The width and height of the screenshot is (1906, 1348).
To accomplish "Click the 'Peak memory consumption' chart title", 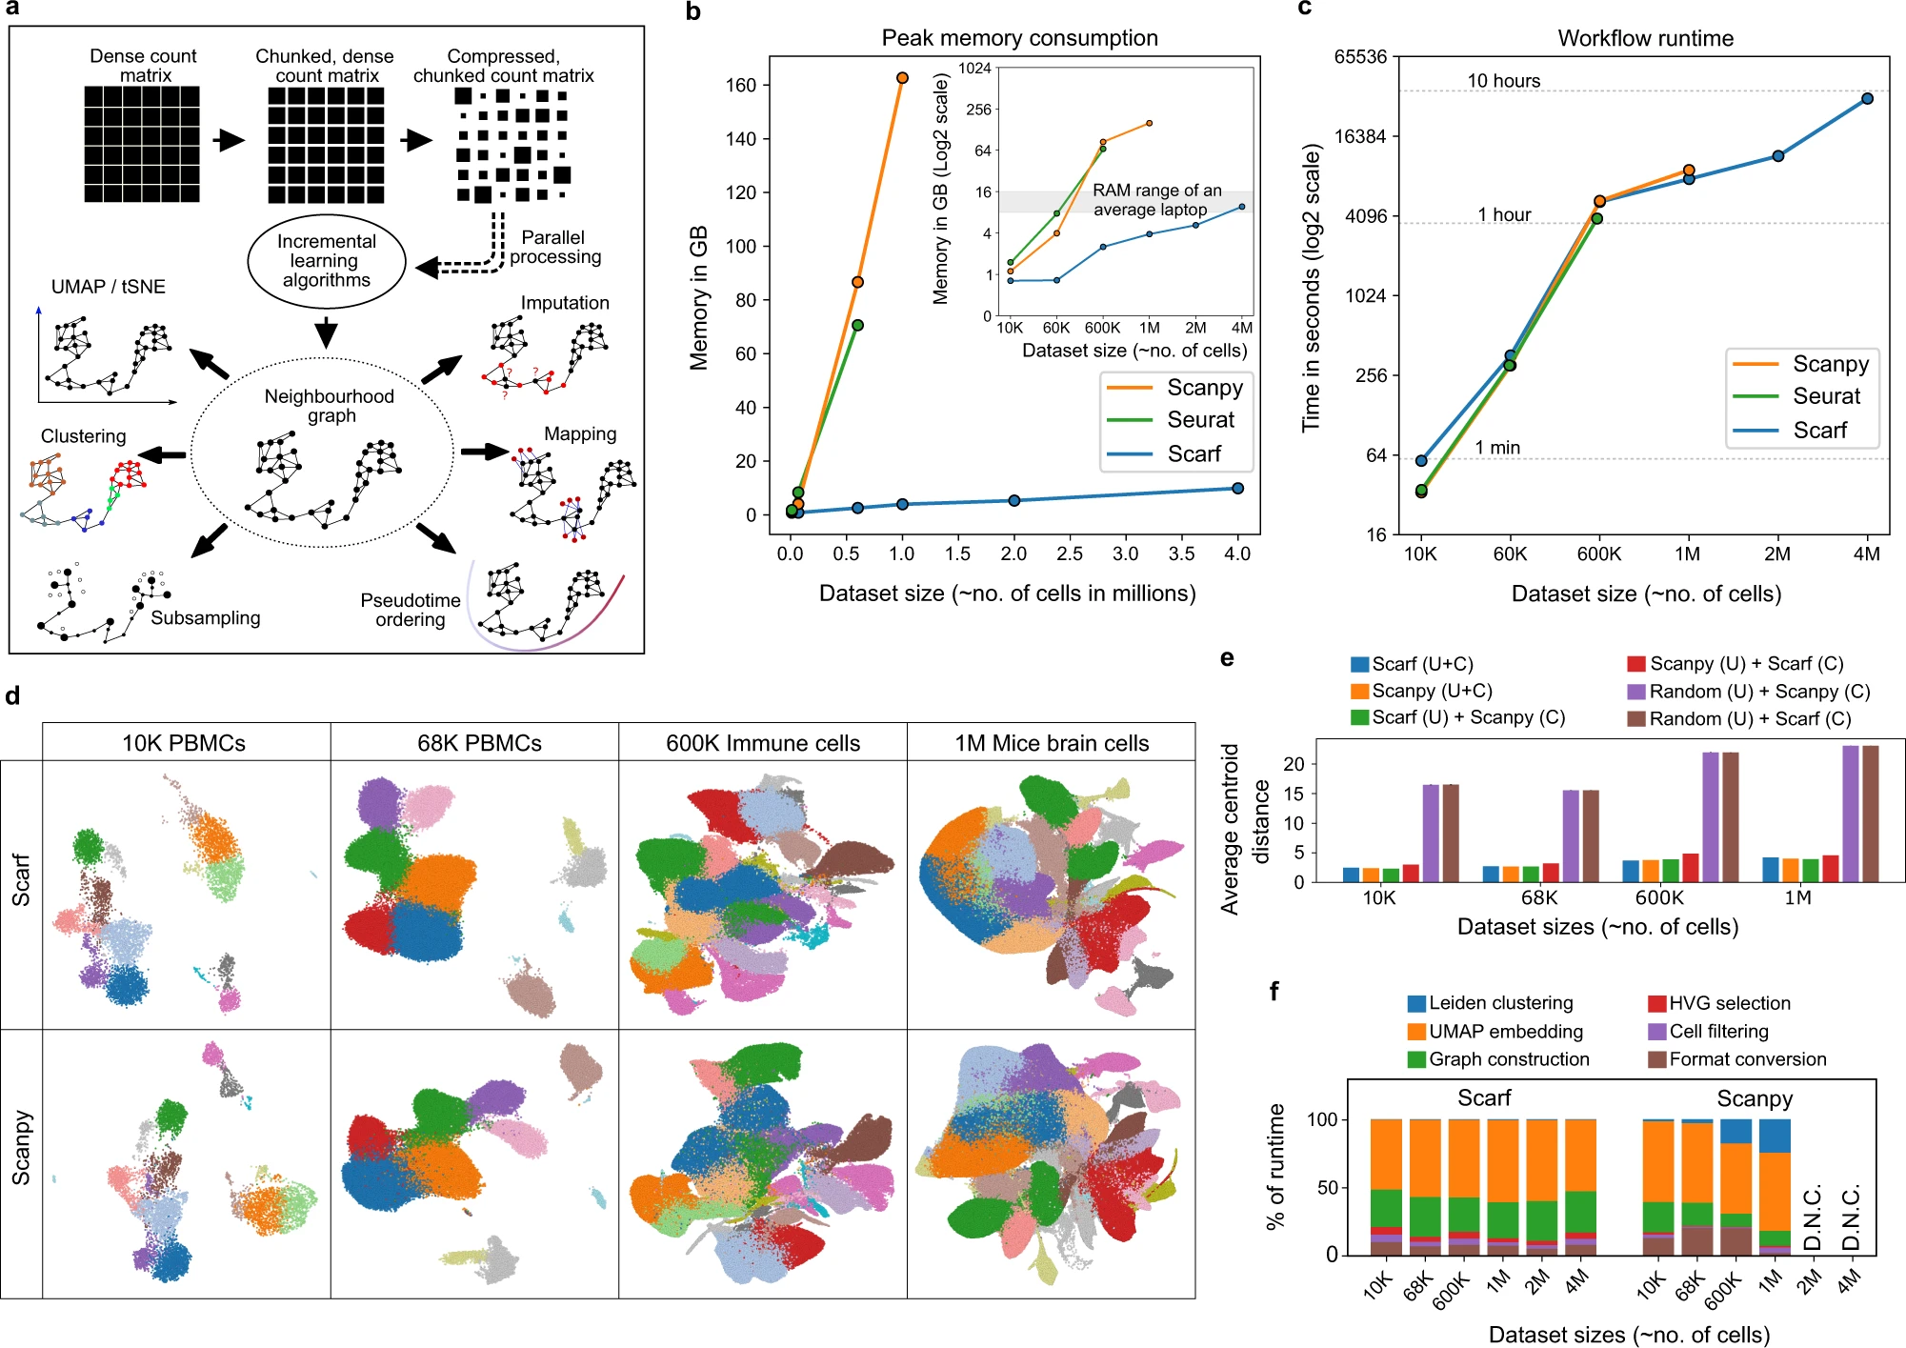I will point(1019,38).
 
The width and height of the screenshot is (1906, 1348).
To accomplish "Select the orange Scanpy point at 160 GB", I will point(902,78).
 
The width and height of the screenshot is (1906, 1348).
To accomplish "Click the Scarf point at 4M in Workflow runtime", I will point(1867,98).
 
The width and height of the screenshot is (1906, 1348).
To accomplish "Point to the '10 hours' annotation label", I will point(1503,81).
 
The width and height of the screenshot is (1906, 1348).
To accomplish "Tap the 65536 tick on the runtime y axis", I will point(1360,56).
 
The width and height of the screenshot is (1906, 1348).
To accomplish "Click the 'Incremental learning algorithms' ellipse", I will point(327,261).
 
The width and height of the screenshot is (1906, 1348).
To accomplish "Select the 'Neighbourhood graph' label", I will point(329,406).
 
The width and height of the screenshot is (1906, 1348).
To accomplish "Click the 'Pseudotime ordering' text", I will point(411,610).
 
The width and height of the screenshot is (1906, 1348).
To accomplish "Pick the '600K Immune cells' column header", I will point(763,743).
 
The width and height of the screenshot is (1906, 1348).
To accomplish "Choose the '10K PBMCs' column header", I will point(184,743).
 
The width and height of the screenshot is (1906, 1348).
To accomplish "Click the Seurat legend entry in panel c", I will point(1825,396).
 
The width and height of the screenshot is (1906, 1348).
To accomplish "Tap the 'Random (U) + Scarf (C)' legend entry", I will point(1749,718).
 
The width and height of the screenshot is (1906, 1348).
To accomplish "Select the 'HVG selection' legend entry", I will point(1729,1003).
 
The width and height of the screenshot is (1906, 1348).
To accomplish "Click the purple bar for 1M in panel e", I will point(1851,814).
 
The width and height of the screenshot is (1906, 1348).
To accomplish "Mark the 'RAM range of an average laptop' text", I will point(1155,200).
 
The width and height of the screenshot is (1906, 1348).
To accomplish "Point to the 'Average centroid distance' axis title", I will point(1244,829).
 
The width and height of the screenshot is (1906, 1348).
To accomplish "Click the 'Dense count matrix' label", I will point(144,66).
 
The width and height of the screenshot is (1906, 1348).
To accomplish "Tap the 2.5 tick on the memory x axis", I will point(1070,553).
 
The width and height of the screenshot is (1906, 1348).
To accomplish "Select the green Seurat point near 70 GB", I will point(857,326).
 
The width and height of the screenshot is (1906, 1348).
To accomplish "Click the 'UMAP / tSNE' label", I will point(109,287).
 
